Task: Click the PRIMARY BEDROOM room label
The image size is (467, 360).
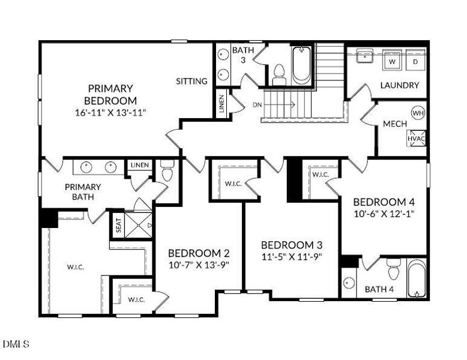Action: [110, 94]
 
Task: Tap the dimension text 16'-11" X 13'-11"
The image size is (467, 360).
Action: [110, 112]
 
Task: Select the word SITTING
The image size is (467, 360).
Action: [191, 81]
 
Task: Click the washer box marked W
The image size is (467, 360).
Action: [392, 61]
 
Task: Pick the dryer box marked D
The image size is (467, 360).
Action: [415, 61]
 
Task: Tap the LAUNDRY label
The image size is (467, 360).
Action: [399, 85]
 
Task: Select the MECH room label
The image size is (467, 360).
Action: [395, 124]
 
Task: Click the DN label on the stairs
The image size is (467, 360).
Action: [257, 104]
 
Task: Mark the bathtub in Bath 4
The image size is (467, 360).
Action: [416, 278]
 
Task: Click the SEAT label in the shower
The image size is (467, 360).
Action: [118, 225]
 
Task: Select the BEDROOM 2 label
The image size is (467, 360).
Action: [198, 253]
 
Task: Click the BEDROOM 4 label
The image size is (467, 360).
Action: [384, 202]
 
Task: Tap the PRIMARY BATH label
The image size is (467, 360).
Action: [83, 191]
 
